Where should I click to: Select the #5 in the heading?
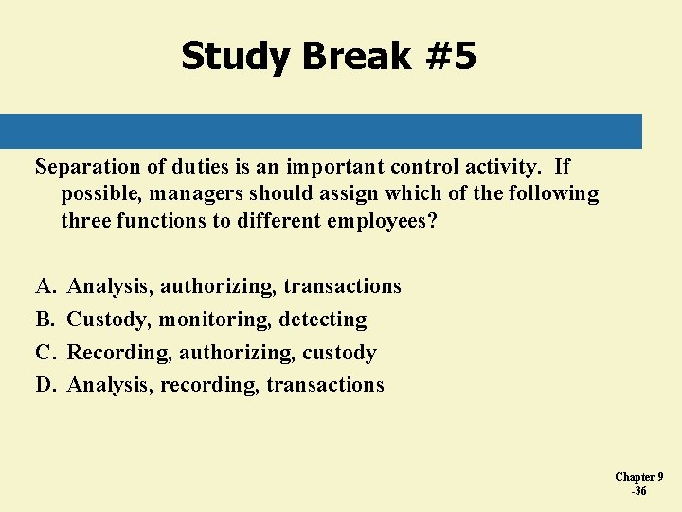451,57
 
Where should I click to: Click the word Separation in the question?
87,167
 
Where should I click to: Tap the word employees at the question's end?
380,221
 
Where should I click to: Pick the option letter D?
45,385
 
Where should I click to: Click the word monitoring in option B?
215,320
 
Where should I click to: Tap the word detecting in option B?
323,320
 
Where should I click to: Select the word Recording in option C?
120,353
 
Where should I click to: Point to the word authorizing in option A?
219,286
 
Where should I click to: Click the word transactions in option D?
325,385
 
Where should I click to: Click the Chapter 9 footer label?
639,477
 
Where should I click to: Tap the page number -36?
639,491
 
